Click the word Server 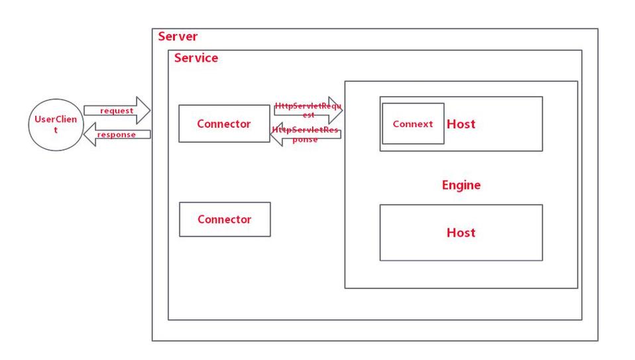click(x=178, y=36)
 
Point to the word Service click(x=196, y=58)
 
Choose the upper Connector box click(x=224, y=123)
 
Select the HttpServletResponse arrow click(x=306, y=134)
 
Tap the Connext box click(x=412, y=124)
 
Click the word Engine click(x=461, y=185)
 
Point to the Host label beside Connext click(x=461, y=124)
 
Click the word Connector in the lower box click(x=225, y=219)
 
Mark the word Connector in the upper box click(x=224, y=124)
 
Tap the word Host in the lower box click(x=461, y=233)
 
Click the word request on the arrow click(x=117, y=111)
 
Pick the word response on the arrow click(x=117, y=135)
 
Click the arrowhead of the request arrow click(x=144, y=111)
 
